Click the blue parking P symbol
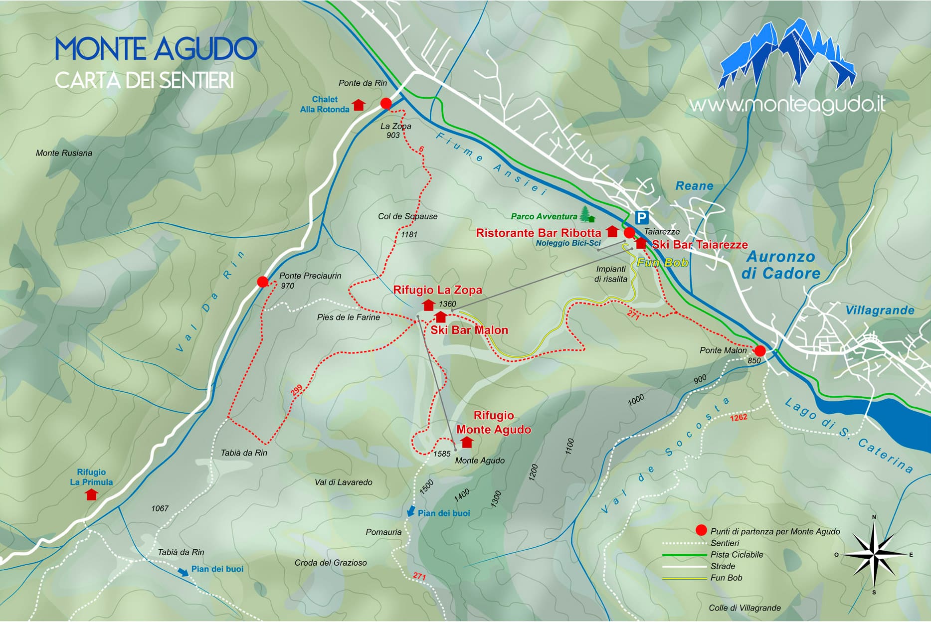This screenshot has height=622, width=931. point(642,218)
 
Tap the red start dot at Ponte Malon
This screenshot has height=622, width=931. point(759,350)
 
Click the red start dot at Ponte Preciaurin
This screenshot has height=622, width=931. point(263,282)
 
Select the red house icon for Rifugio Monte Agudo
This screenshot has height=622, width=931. point(467,442)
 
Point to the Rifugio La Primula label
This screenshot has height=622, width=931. point(91,477)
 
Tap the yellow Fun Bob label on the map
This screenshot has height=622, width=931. point(663,263)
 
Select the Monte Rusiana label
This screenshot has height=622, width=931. point(64,153)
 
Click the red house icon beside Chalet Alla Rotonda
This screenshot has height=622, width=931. point(359,105)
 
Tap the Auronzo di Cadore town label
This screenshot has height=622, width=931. point(780,265)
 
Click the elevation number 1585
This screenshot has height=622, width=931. point(442,454)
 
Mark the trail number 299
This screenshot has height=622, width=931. point(297,391)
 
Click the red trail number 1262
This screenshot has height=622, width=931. point(739,417)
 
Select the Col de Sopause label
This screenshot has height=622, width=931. point(407,216)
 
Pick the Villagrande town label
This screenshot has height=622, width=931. point(880,311)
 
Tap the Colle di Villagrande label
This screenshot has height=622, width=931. point(745,608)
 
